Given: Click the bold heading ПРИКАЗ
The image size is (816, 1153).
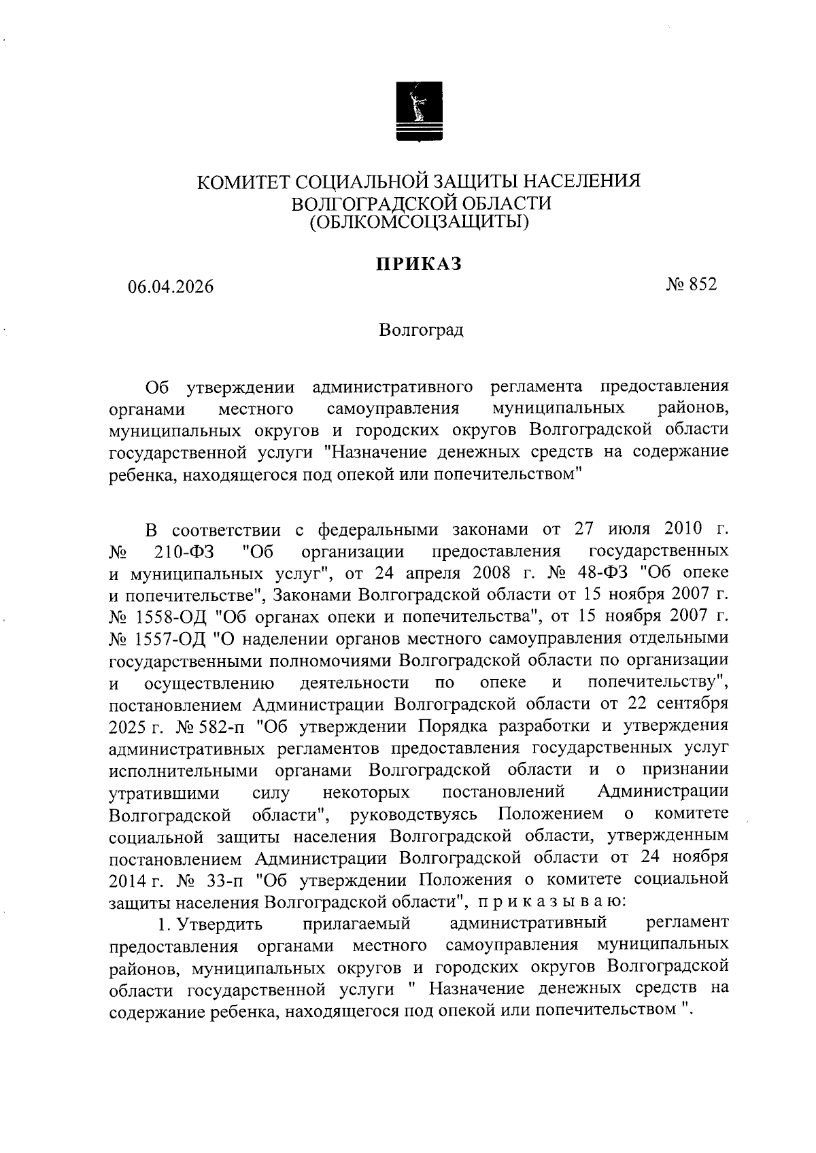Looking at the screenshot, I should [x=420, y=264].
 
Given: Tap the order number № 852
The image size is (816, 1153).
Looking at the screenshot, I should [x=692, y=284].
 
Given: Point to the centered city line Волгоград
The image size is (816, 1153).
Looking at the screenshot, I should [x=422, y=330].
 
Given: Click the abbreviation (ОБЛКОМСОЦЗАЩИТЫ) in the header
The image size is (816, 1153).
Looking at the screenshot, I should [x=420, y=221].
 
